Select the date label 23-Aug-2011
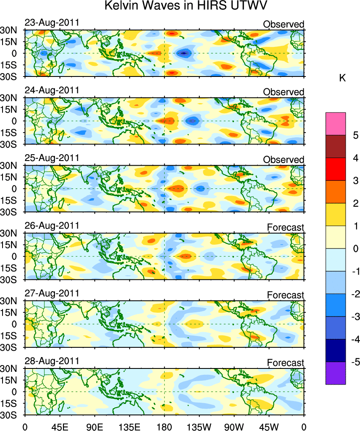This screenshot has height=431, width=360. tap(52, 22)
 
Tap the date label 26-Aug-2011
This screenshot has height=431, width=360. tap(52, 226)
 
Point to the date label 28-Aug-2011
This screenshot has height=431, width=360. tap(52, 361)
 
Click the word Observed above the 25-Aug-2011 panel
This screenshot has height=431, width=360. tap(284, 160)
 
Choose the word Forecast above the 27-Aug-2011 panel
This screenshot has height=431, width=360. tap(285, 295)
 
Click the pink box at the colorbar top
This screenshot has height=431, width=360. tap(335, 124)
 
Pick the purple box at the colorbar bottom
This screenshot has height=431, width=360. tap(335, 373)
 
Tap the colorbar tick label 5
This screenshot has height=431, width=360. tap(356, 136)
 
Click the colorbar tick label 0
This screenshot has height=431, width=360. tap(356, 248)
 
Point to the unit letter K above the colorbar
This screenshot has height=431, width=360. tap(343, 78)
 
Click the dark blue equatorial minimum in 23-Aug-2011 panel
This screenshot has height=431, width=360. tap(183, 53)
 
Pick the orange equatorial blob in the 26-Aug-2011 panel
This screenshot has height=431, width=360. tap(185, 256)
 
